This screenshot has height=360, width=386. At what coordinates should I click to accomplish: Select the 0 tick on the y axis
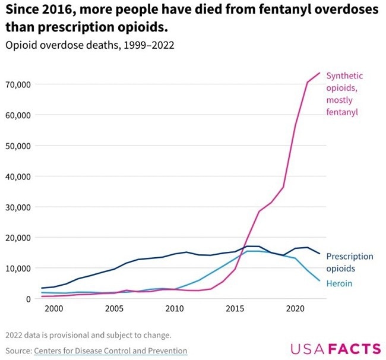(x=27, y=299)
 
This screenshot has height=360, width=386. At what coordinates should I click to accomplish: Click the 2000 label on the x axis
(x=53, y=310)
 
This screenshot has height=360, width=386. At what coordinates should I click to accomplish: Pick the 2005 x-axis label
(x=114, y=310)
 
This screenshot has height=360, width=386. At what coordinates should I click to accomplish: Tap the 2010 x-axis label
(x=175, y=310)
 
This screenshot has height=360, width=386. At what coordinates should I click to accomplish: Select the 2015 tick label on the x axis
(x=235, y=310)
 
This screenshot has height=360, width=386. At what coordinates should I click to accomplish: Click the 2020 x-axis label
(x=296, y=310)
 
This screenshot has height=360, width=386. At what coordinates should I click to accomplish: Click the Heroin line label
(x=339, y=283)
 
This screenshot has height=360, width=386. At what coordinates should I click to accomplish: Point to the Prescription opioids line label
(x=350, y=262)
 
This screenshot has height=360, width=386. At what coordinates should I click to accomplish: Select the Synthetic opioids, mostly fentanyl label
(x=344, y=94)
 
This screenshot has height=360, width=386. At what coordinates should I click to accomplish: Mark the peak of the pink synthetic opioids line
(x=319, y=73)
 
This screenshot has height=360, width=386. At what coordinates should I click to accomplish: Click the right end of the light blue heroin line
(x=319, y=280)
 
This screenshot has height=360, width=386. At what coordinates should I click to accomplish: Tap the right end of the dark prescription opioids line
(x=319, y=254)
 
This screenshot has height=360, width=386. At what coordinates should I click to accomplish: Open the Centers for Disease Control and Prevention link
(x=110, y=350)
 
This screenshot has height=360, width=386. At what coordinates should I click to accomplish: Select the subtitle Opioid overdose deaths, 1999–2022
(x=90, y=45)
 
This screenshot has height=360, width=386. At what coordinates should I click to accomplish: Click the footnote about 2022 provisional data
(x=88, y=334)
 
